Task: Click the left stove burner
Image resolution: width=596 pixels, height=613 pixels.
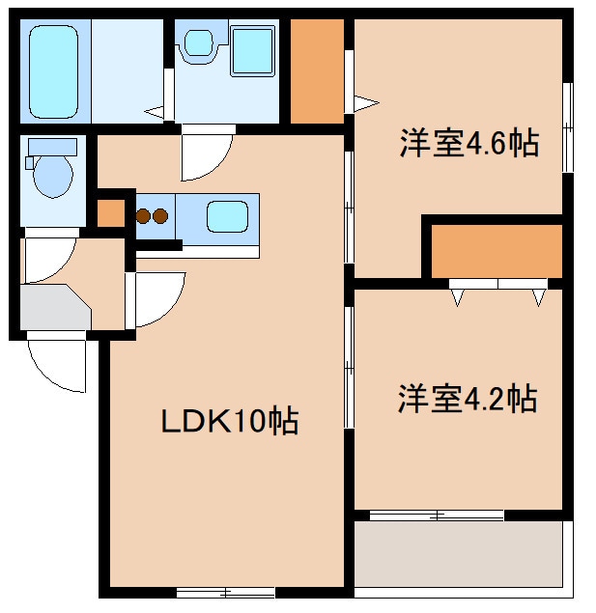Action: click(143, 215)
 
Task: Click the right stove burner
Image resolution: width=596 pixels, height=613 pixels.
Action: click(160, 215)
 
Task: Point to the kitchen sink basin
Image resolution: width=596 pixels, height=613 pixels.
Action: click(229, 215)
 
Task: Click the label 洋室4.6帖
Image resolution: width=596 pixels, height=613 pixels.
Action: click(468, 146)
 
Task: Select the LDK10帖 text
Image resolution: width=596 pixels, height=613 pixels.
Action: click(228, 421)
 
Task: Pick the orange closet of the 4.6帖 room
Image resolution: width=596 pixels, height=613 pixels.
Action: click(496, 251)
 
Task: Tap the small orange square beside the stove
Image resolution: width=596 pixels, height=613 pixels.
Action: click(111, 213)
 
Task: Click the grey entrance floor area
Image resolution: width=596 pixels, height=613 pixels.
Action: click(52, 308)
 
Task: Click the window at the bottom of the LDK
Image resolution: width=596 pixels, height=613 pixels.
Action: click(225, 591)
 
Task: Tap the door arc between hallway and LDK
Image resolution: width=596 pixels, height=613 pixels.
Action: click(157, 298)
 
